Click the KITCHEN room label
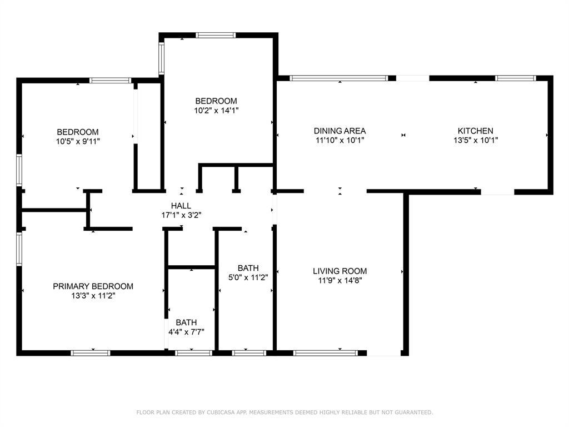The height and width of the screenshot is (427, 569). pyautogui.click(x=476, y=131)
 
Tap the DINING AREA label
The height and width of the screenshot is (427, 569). pyautogui.click(x=340, y=131)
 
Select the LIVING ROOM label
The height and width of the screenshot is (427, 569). pyautogui.click(x=340, y=271)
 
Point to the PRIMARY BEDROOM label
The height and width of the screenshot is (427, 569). pyautogui.click(x=93, y=286)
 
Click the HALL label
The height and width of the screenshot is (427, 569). pyautogui.click(x=181, y=206)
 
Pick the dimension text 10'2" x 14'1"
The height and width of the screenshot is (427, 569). pyautogui.click(x=216, y=111)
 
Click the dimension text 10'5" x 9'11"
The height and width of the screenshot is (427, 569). pyautogui.click(x=78, y=141)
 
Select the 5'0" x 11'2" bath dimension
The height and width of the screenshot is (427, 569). pyautogui.click(x=248, y=277)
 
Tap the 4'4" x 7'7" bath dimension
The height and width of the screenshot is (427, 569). pyautogui.click(x=186, y=331)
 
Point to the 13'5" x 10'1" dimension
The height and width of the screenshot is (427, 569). pyautogui.click(x=476, y=140)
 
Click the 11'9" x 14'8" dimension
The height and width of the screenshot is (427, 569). pyautogui.click(x=340, y=280)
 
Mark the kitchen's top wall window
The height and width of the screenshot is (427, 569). pyautogui.click(x=516, y=78)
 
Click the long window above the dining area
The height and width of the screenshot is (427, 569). pyautogui.click(x=339, y=78)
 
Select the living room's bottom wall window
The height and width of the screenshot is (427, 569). pyautogui.click(x=326, y=353)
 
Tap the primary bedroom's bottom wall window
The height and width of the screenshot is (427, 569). pyautogui.click(x=91, y=353)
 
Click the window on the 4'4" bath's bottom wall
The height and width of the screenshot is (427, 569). pyautogui.click(x=193, y=353)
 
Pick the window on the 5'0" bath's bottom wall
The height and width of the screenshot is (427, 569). pyautogui.click(x=249, y=353)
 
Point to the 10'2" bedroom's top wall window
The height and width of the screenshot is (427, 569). pyautogui.click(x=216, y=35)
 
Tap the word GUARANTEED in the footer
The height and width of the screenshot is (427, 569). pyautogui.click(x=413, y=412)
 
